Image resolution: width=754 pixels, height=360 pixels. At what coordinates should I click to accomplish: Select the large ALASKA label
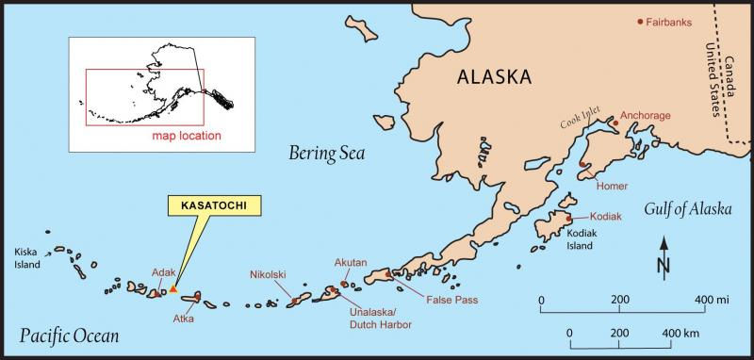(506, 77)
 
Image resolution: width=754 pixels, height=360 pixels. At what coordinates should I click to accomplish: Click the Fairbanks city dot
(641, 21)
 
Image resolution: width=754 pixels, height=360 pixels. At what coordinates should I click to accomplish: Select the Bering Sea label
(326, 153)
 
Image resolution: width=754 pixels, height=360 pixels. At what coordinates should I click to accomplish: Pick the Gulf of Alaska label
(687, 209)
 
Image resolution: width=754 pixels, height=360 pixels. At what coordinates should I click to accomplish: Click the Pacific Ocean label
(69, 335)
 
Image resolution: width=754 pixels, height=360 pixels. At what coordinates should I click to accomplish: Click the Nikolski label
(268, 275)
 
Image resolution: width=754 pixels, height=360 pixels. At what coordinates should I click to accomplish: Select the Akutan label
(350, 262)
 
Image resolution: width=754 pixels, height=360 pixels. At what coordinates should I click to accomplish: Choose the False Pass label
(451, 300)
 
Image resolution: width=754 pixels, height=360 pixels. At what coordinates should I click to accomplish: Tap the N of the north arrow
(664, 267)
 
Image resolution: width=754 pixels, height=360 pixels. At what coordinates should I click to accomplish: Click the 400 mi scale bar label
(712, 300)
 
